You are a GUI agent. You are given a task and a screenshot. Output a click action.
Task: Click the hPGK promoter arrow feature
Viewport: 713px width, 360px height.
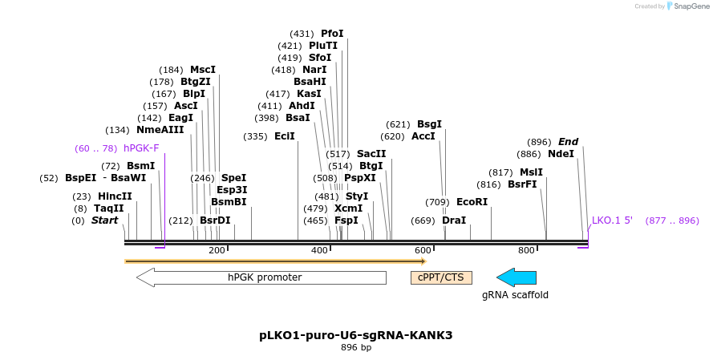click(261, 277)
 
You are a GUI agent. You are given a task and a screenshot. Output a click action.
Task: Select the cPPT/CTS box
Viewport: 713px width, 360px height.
click(441, 277)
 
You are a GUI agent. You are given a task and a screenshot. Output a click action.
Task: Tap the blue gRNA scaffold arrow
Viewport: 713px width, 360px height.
click(517, 277)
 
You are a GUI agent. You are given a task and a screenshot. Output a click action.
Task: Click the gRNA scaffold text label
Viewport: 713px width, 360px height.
click(515, 295)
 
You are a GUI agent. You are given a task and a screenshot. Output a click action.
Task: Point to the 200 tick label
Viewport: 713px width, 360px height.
click(217, 251)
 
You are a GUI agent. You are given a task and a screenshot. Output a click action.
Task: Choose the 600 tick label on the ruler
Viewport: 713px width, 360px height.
click(423, 251)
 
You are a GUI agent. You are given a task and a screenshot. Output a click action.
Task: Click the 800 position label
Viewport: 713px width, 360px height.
click(525, 251)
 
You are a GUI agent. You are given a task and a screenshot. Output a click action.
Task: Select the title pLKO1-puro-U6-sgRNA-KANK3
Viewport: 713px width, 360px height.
click(355, 335)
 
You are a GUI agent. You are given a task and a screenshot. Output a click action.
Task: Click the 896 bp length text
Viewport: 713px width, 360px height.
click(355, 347)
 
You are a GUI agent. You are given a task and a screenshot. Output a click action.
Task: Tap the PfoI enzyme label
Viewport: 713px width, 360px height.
click(332, 34)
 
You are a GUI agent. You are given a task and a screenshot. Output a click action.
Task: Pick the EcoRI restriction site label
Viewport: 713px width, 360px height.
click(472, 202)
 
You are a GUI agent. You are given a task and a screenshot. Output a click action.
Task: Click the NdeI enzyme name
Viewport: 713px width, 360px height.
click(561, 154)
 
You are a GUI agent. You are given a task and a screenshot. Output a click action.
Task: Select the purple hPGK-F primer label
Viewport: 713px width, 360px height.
click(141, 148)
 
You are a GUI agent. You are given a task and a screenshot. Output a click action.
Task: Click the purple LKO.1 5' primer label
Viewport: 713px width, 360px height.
click(612, 220)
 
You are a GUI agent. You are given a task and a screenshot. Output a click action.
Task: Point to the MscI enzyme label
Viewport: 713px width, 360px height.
click(203, 70)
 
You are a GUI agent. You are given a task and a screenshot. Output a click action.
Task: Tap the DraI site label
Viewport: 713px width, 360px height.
click(454, 220)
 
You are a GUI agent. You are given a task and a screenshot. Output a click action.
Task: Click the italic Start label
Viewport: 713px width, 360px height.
click(104, 220)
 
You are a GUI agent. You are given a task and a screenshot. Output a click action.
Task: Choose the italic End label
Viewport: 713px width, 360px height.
click(568, 142)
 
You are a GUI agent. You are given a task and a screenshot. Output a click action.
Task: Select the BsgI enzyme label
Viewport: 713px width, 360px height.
click(429, 124)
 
